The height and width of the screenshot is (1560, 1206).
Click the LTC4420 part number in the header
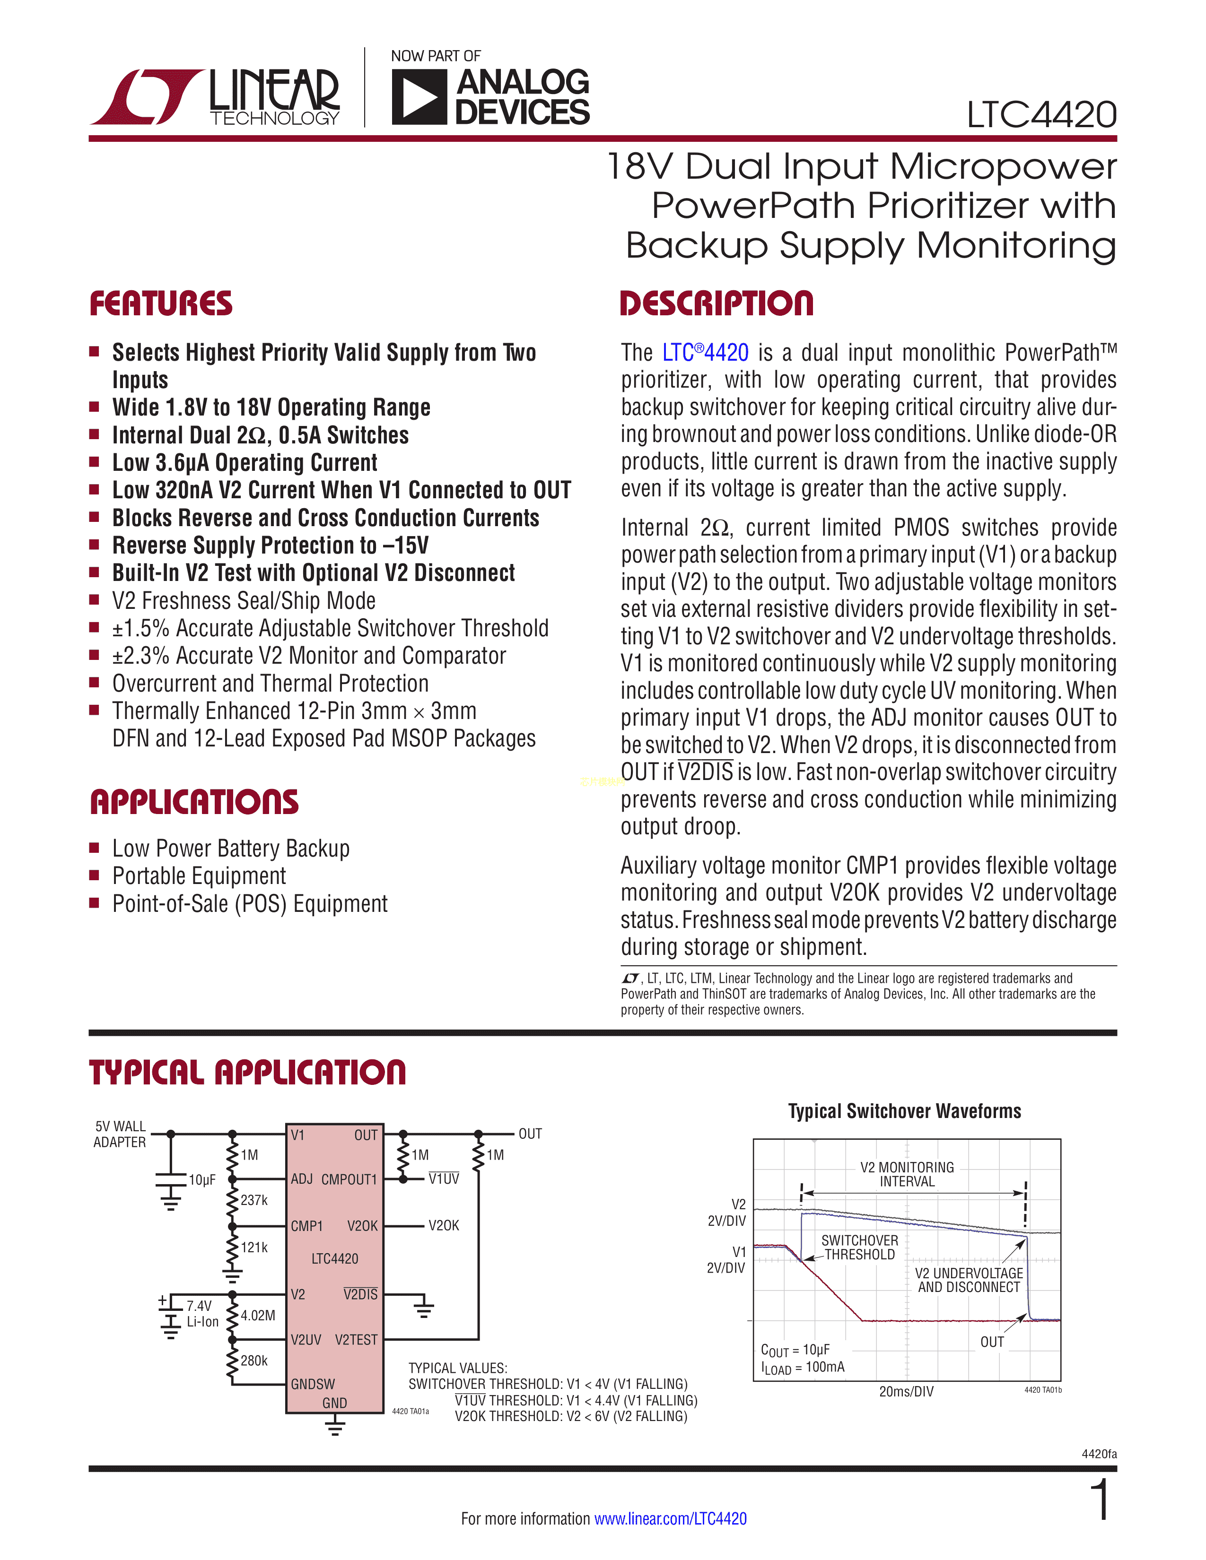(1041, 115)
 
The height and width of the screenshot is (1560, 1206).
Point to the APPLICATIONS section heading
(194, 802)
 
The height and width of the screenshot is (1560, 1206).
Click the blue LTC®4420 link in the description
(705, 353)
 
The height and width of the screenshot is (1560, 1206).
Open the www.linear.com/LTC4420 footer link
(670, 1518)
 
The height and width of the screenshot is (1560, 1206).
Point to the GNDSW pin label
(312, 1384)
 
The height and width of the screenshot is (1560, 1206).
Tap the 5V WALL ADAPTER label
(120, 1134)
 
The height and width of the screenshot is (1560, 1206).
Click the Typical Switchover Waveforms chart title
(904, 1111)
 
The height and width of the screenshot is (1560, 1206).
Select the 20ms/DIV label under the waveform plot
(906, 1391)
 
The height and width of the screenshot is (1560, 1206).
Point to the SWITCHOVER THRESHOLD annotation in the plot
(859, 1247)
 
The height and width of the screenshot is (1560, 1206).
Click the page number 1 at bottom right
(1101, 1500)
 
